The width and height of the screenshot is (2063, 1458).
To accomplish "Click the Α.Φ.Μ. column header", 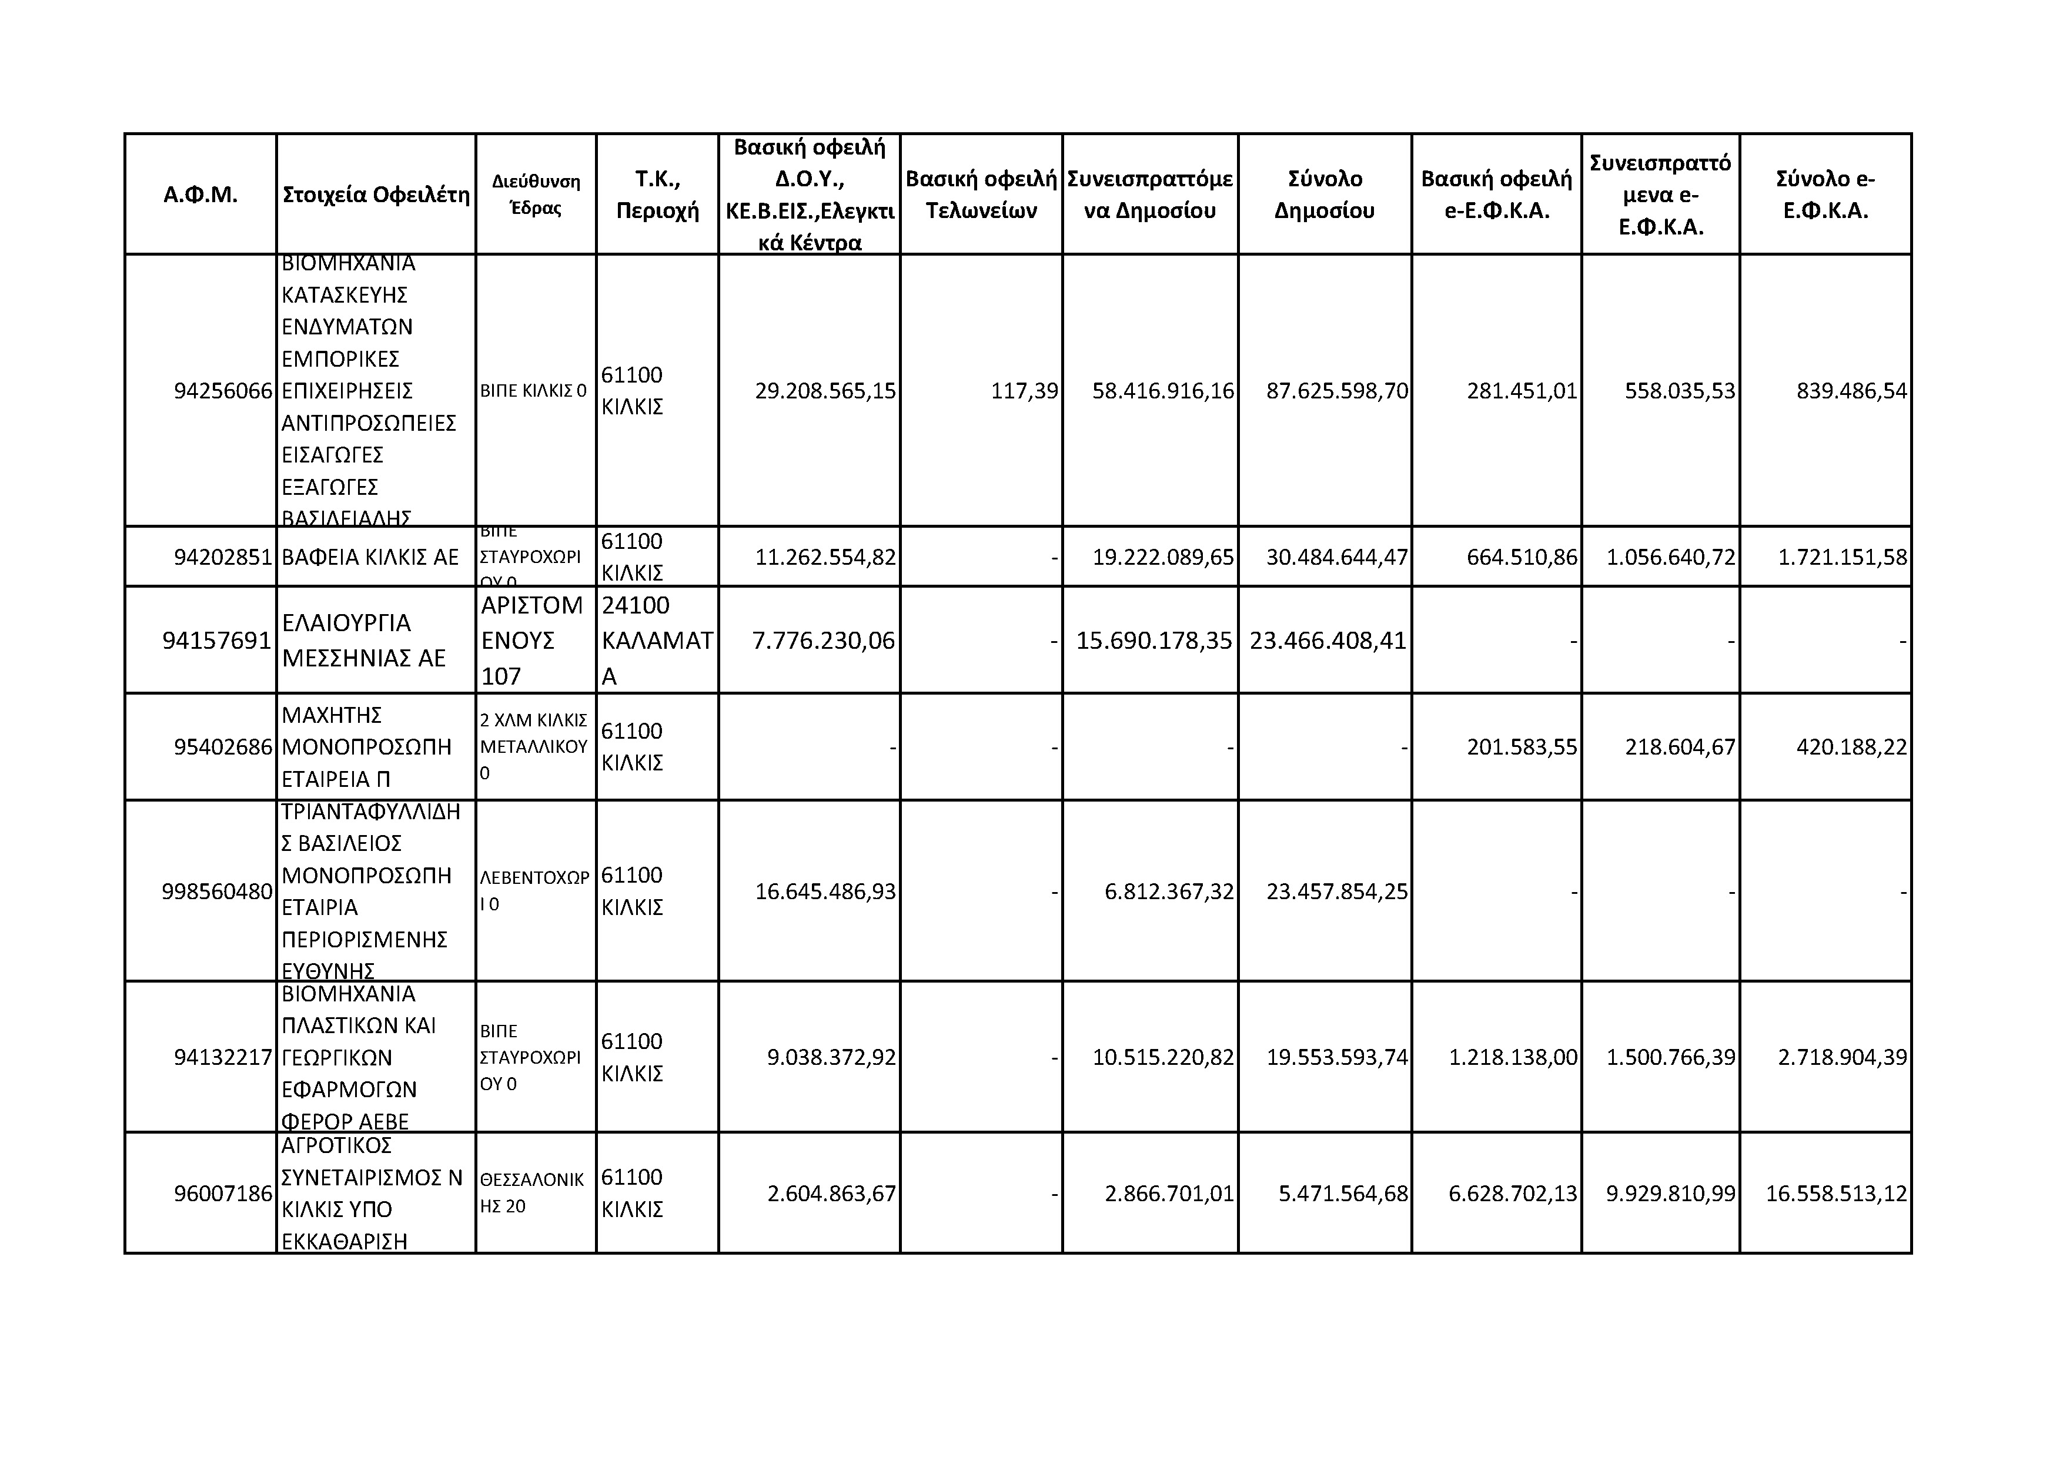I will tap(200, 195).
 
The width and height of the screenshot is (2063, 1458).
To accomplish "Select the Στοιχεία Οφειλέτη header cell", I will tap(376, 195).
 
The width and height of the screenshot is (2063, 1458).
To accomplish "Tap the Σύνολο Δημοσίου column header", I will tap(1325, 195).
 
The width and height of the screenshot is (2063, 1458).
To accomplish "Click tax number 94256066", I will tap(223, 391).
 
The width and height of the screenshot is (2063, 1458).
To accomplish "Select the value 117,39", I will tap(1024, 391).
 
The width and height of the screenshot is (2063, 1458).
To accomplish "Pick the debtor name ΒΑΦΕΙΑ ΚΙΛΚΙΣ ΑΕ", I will tap(370, 557).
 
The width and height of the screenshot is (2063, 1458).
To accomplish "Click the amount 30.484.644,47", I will tap(1337, 557).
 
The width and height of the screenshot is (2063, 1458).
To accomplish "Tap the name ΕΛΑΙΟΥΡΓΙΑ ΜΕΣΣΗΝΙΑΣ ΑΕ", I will tap(364, 641).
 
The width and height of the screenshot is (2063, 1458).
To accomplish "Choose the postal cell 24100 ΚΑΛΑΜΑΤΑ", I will tap(657, 641).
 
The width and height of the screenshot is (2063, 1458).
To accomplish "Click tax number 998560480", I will tap(216, 891).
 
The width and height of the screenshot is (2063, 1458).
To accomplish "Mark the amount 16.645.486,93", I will tap(825, 891).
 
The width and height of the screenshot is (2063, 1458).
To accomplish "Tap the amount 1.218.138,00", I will tap(1513, 1057).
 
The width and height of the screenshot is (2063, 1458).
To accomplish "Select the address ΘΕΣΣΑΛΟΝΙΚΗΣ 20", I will tap(532, 1193).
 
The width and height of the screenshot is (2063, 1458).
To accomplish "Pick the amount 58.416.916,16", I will tap(1163, 391).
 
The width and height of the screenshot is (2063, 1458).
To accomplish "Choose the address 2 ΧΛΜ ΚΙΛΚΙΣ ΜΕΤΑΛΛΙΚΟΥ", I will tap(534, 746).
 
